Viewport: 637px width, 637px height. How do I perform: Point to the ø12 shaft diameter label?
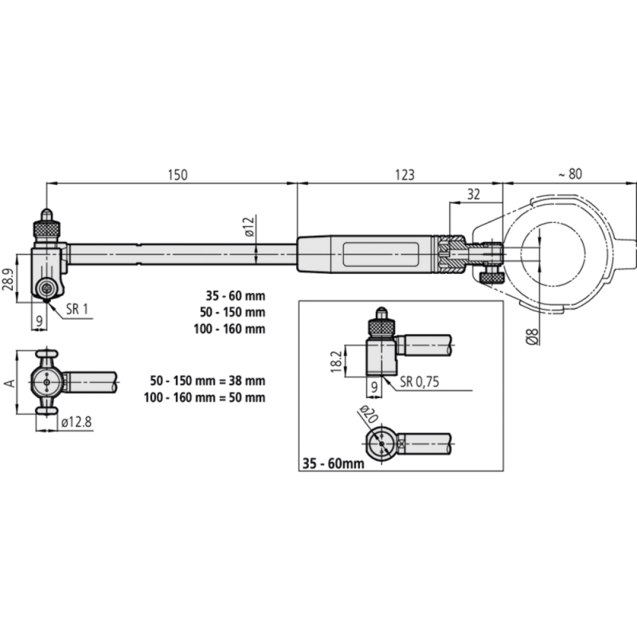[x=248, y=227]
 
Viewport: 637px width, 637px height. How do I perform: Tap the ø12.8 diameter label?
[x=76, y=425]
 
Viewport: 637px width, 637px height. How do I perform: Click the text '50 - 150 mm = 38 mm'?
[x=208, y=381]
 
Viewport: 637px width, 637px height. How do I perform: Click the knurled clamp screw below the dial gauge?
[x=490, y=276]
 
